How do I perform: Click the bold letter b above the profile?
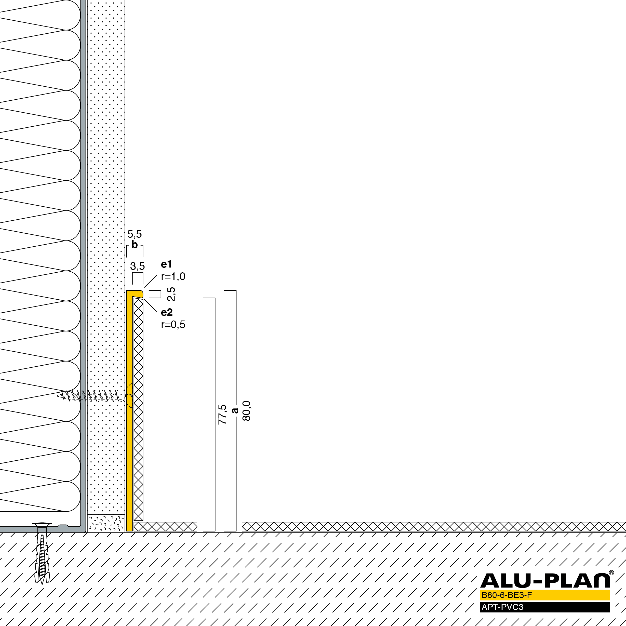click(x=135, y=245)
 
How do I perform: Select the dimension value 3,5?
click(x=137, y=266)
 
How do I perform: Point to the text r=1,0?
click(x=173, y=276)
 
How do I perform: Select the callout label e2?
click(x=167, y=312)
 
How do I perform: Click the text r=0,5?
click(x=173, y=324)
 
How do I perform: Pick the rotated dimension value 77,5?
click(x=222, y=415)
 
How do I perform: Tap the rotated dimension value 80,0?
click(x=246, y=411)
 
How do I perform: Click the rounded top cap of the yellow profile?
click(x=135, y=294)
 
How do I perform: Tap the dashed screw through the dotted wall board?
click(x=94, y=396)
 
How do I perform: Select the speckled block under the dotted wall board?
click(x=106, y=523)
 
